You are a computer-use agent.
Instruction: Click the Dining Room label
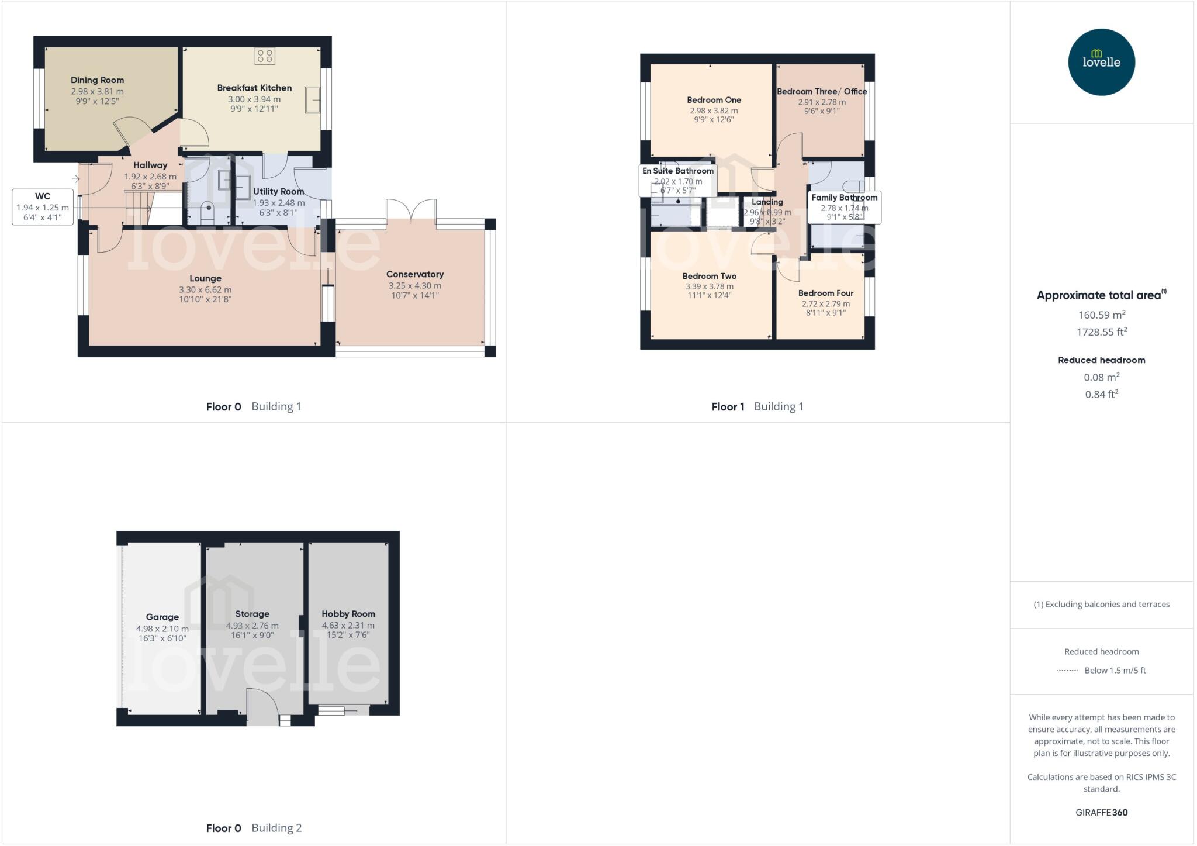pyautogui.click(x=97, y=80)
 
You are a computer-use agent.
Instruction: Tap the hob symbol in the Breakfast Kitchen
pyautogui.click(x=265, y=56)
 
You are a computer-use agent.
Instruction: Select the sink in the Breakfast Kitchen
pyautogui.click(x=312, y=101)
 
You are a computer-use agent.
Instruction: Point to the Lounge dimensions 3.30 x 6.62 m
pyautogui.click(x=205, y=289)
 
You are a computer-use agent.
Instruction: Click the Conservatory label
pyautogui.click(x=415, y=274)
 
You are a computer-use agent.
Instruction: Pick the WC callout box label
pyautogui.click(x=43, y=196)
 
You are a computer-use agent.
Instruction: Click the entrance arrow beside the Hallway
pyautogui.click(x=76, y=179)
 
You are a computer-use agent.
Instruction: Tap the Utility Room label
pyautogui.click(x=278, y=191)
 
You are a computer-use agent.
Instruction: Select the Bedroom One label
pyautogui.click(x=714, y=100)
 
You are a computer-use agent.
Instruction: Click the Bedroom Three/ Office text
pyautogui.click(x=822, y=91)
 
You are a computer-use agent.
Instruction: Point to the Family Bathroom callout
pyautogui.click(x=844, y=198)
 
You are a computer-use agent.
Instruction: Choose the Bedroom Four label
pyautogui.click(x=826, y=293)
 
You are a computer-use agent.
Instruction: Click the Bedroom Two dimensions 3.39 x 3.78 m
pyautogui.click(x=709, y=286)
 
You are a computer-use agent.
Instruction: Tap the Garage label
pyautogui.click(x=162, y=617)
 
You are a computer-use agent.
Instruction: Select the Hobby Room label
pyautogui.click(x=348, y=614)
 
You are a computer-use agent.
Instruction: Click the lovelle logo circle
pyautogui.click(x=1101, y=62)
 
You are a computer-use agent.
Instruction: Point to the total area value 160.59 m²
pyautogui.click(x=1102, y=315)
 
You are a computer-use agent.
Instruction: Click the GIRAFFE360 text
pyautogui.click(x=1101, y=812)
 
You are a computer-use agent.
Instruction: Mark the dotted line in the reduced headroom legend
pyautogui.click(x=1067, y=671)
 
